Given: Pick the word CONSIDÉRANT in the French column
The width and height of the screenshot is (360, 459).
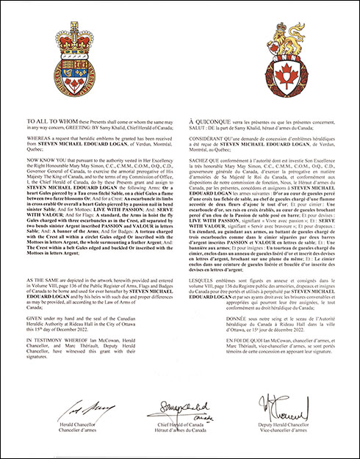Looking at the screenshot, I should click(x=209, y=137).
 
